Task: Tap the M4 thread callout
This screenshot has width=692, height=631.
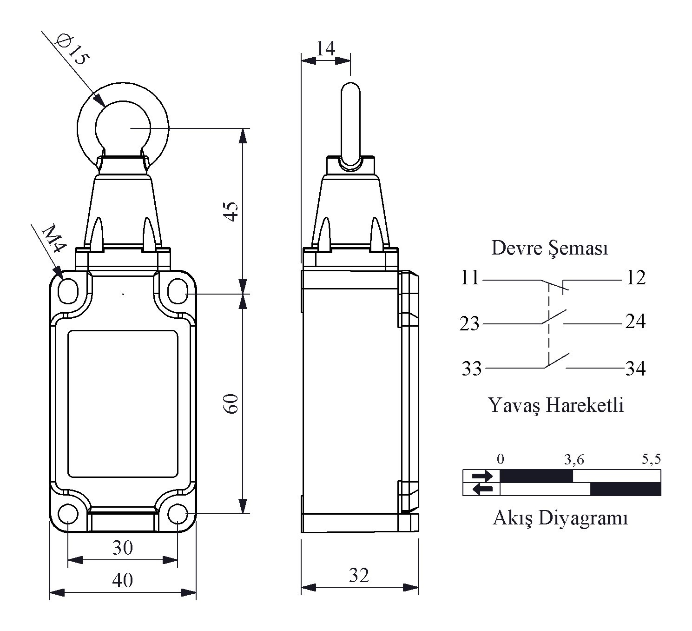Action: pyautogui.click(x=54, y=238)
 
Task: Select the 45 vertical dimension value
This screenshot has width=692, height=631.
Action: pyautogui.click(x=231, y=211)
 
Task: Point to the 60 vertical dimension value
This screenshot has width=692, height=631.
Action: pyautogui.click(x=231, y=403)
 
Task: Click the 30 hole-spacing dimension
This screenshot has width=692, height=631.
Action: pyautogui.click(x=123, y=547)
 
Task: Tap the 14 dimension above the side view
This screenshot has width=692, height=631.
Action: pyautogui.click(x=325, y=48)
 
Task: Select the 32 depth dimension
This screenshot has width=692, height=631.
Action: pyautogui.click(x=359, y=575)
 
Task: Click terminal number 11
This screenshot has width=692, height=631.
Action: pyautogui.click(x=470, y=277)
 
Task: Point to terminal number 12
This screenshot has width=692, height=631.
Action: pyautogui.click(x=635, y=277)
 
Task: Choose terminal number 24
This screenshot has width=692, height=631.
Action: pyautogui.click(x=635, y=322)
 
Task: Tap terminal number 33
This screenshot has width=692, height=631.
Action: pyautogui.click(x=472, y=369)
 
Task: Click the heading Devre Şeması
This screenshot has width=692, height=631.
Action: pyautogui.click(x=549, y=248)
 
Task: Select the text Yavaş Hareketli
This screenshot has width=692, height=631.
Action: pyautogui.click(x=556, y=405)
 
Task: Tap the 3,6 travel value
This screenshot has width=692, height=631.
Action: pyautogui.click(x=574, y=459)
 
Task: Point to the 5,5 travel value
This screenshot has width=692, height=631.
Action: pyautogui.click(x=651, y=459)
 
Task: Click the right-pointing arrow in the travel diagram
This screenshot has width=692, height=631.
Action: pyautogui.click(x=482, y=476)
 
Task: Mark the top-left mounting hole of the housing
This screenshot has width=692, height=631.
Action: pyautogui.click(x=68, y=291)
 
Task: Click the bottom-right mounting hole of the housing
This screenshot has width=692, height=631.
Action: pyautogui.click(x=178, y=514)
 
